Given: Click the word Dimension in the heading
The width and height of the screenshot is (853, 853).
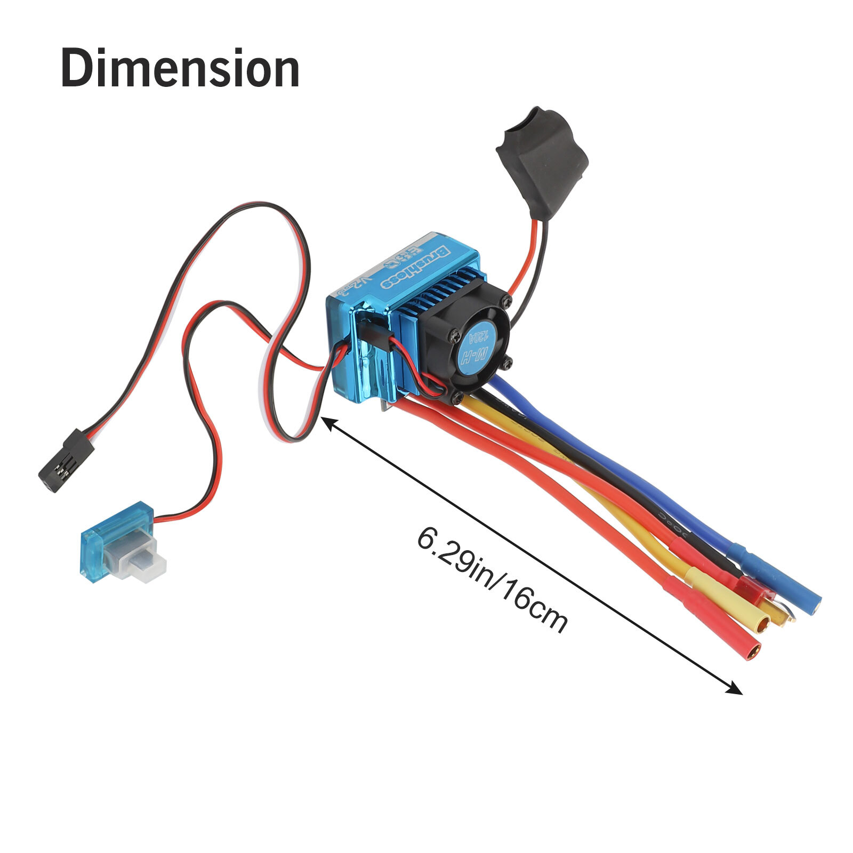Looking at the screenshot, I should [x=180, y=68].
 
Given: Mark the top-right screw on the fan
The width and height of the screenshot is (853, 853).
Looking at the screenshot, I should [x=504, y=303].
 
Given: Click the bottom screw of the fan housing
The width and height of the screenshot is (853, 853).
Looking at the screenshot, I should [x=457, y=397].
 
